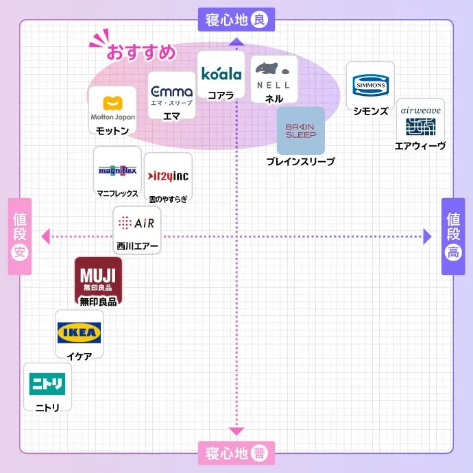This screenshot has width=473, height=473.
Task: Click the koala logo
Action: coord(221,73)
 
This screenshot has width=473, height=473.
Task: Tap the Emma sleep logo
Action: coord(172,94)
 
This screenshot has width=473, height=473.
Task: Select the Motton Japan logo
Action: coord(113,108)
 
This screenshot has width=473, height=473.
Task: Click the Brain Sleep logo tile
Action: coord(301,131)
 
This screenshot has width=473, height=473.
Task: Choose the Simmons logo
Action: coord(370,86)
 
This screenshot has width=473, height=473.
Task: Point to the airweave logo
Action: coord(420,120)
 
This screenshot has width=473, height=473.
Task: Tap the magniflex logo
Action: coord(117,170)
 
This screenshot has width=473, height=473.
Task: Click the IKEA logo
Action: coord(80,334)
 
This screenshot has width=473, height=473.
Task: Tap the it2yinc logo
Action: coord(169,176)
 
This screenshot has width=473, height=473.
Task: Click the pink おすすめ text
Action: coord(141,52)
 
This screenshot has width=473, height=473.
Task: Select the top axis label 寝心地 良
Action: coord(236,20)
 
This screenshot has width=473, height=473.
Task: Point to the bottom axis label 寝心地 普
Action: coord(236,453)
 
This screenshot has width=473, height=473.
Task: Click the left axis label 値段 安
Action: coord(20,236)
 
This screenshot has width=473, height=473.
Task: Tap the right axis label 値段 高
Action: coord(453,236)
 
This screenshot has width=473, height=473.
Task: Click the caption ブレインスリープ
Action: coord(300,162)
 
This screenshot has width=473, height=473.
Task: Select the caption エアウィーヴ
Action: coord(420,146)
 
